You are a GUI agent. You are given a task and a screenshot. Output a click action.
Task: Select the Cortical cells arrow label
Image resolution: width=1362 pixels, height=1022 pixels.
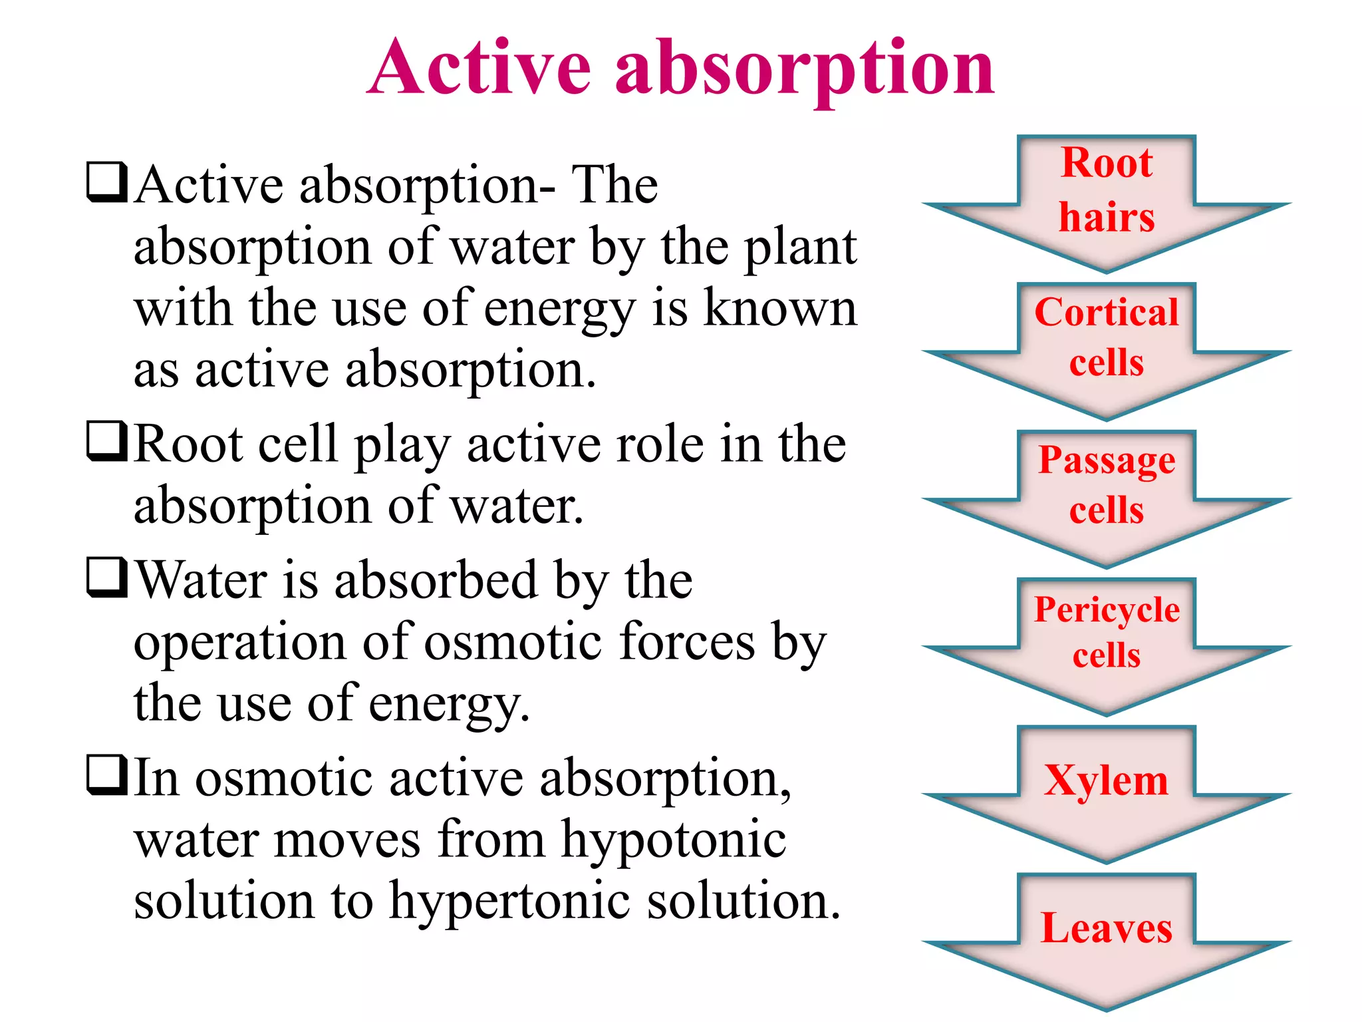coord(1107,337)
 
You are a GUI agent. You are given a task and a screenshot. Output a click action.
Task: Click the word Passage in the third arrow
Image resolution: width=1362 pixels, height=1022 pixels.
coord(1107,460)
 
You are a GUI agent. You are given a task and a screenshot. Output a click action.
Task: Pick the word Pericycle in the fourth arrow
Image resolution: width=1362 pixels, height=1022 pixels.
coord(1107,609)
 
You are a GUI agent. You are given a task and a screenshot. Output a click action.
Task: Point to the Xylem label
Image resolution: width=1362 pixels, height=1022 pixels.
coord(1105,780)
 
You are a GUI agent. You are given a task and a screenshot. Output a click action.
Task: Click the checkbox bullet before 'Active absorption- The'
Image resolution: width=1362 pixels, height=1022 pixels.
coord(106,182)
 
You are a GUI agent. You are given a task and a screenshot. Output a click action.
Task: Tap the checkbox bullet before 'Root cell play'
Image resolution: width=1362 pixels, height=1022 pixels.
coord(106,441)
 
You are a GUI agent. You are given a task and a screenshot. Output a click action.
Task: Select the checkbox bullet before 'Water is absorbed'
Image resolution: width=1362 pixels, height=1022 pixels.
coord(106,578)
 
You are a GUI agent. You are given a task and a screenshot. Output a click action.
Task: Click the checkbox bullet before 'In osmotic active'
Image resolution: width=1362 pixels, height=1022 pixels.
coord(106,775)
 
